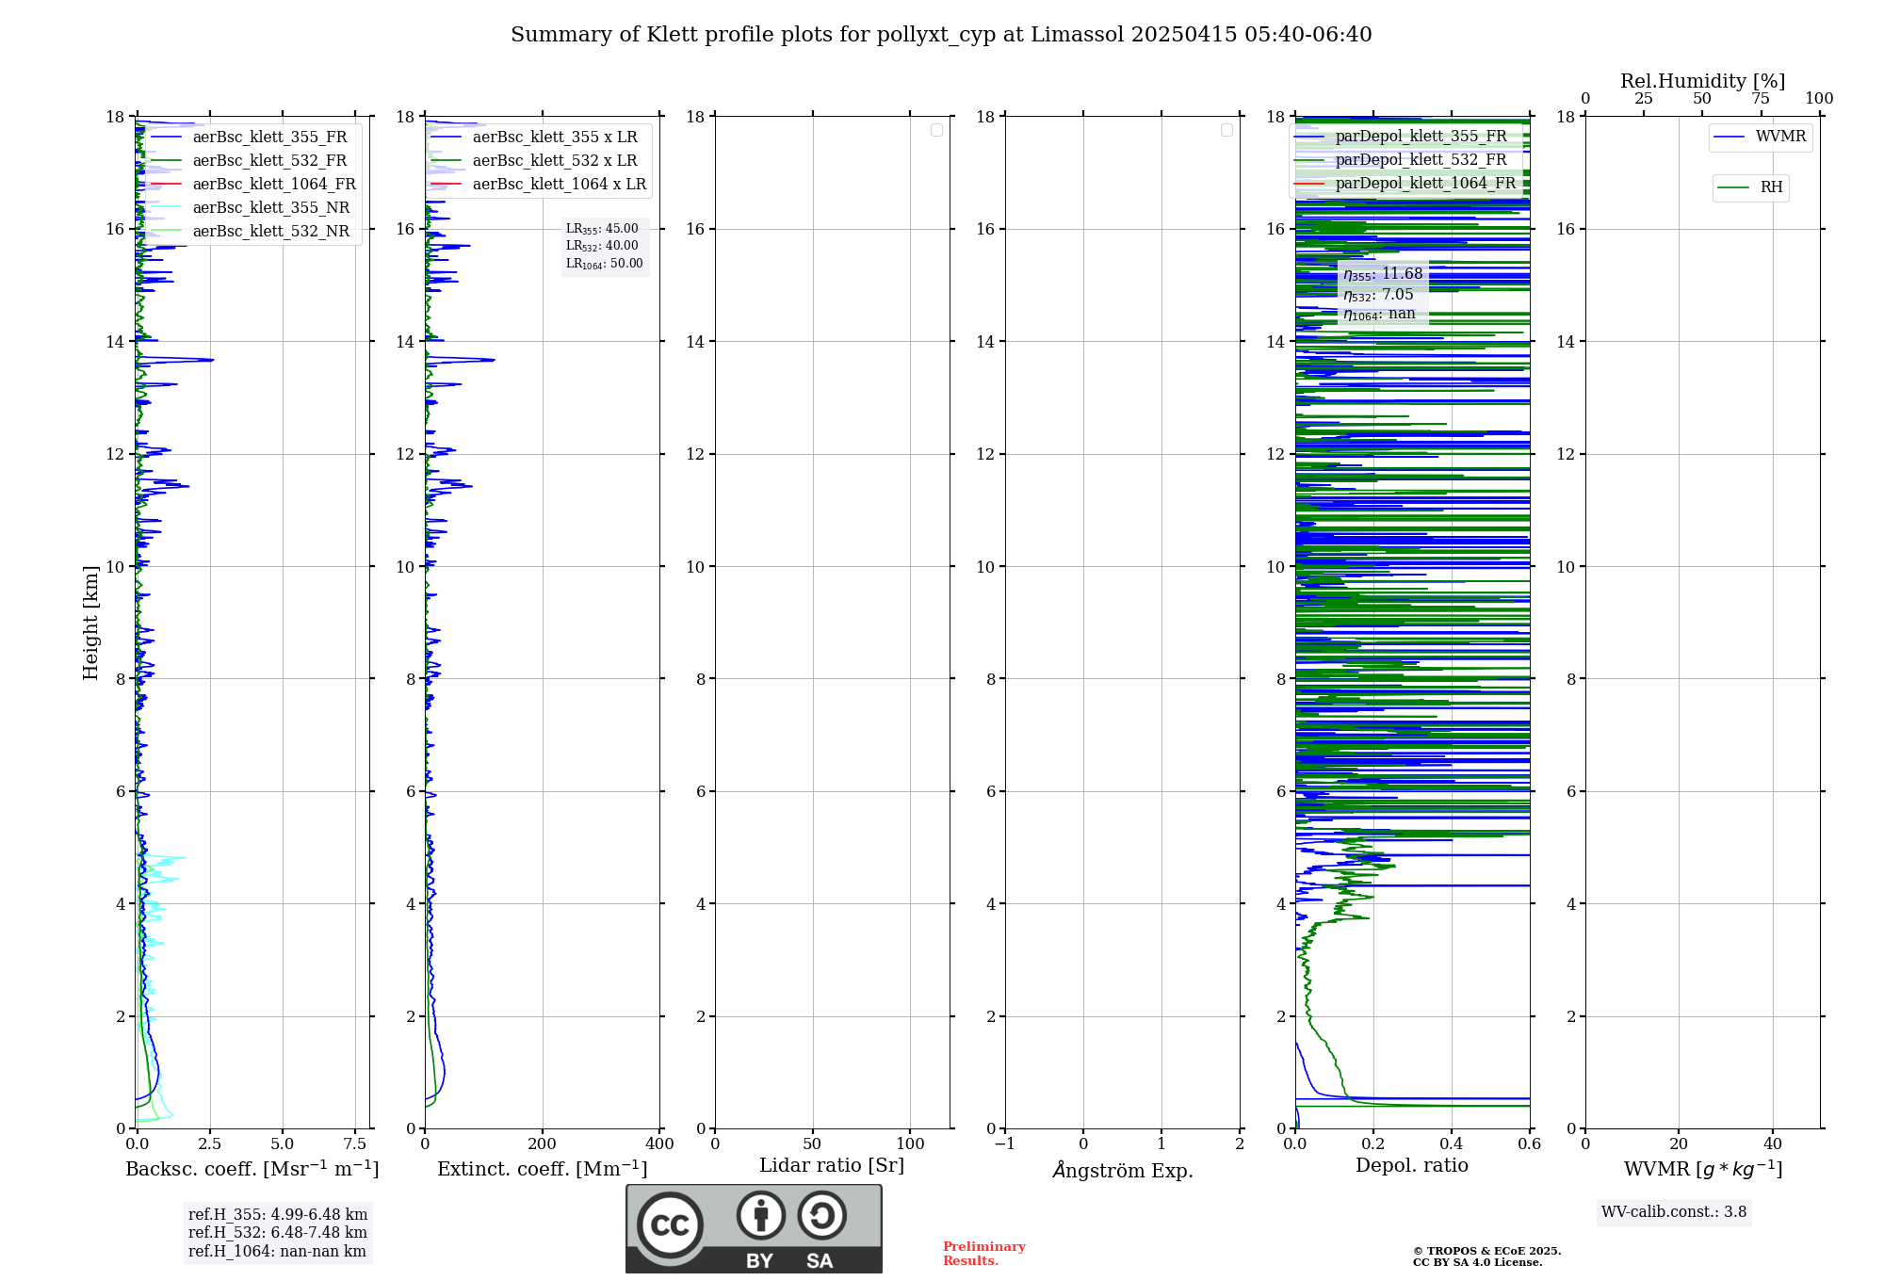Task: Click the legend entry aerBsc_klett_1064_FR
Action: coord(273,185)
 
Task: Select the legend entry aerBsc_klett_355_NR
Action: coord(270,208)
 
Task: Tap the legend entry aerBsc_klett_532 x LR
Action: coord(554,161)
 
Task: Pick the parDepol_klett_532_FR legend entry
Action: coord(1421,160)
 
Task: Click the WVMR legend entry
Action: coord(1779,137)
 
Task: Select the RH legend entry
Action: coord(1770,187)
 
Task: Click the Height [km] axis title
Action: coord(90,623)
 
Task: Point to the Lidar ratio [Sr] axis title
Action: coord(832,1166)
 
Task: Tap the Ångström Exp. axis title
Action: coord(1122,1170)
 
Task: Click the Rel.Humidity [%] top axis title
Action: coord(1702,81)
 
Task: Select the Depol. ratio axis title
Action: coord(1411,1166)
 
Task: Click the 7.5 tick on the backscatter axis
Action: coord(355,1144)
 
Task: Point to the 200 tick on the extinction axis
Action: coord(542,1144)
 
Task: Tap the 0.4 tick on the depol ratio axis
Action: coord(1452,1144)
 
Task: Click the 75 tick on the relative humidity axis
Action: coord(1761,99)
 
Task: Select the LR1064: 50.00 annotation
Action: coord(605,264)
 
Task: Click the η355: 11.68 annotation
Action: coord(1383,274)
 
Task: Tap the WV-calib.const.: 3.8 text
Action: coord(1674,1212)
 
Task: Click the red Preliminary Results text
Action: coord(983,1254)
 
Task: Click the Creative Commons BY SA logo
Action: coord(754,1229)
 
